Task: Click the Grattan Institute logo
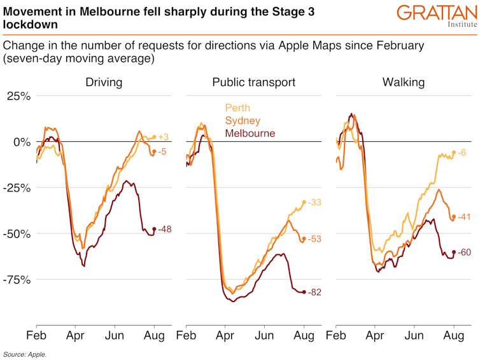click(x=436, y=15)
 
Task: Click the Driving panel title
click(x=104, y=83)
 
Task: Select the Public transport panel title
click(x=254, y=83)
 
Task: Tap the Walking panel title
click(x=404, y=83)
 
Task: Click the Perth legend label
click(x=237, y=108)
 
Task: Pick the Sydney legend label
click(x=243, y=121)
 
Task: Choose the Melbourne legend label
click(x=250, y=134)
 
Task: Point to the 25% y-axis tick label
click(x=18, y=96)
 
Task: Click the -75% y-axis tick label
click(x=16, y=279)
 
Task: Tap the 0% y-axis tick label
click(x=22, y=142)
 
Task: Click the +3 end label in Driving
click(x=163, y=137)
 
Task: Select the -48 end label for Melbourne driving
click(x=165, y=229)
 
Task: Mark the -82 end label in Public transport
click(x=315, y=292)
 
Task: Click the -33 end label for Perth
click(x=314, y=202)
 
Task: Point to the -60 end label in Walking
click(x=465, y=253)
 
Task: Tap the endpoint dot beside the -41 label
click(x=453, y=217)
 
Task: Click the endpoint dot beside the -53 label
click(x=304, y=239)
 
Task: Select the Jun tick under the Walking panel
click(x=414, y=335)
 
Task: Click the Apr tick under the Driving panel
click(x=76, y=335)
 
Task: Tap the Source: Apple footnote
click(x=25, y=354)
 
